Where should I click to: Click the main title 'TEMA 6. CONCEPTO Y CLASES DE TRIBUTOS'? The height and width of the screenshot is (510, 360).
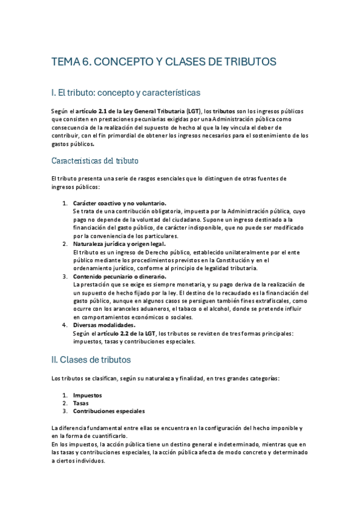pos(163,62)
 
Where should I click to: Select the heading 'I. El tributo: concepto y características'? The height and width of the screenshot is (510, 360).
pos(126,93)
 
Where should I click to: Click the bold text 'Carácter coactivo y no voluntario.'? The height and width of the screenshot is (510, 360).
pos(120,203)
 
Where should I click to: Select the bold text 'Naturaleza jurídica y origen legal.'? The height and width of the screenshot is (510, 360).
pos(119,244)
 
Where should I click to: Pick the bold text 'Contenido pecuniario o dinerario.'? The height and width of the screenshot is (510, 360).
pos(119,277)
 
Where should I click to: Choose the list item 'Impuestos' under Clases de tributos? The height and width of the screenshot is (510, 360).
pos(87,395)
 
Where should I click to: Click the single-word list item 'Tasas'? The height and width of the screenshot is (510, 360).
pos(81,404)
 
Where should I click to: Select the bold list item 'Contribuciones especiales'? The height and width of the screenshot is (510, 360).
pos(109,411)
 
